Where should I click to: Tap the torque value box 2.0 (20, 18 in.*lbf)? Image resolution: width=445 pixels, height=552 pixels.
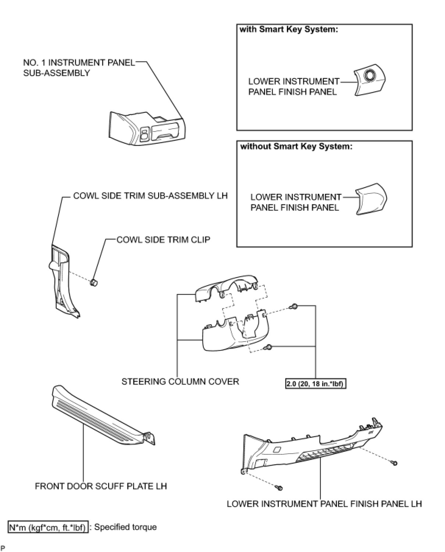pyautogui.click(x=316, y=384)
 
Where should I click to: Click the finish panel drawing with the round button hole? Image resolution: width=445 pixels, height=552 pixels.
pyautogui.click(x=370, y=81)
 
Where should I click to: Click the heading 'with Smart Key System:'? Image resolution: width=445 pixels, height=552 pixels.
pyautogui.click(x=289, y=30)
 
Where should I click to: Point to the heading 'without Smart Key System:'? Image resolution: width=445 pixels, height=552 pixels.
pyautogui.click(x=296, y=146)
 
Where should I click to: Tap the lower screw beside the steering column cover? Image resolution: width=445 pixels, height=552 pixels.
pyautogui.click(x=269, y=347)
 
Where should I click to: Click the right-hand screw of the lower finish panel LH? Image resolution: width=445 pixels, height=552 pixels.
pyautogui.click(x=394, y=463)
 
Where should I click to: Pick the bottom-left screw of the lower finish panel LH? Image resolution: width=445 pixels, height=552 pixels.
pyautogui.click(x=279, y=488)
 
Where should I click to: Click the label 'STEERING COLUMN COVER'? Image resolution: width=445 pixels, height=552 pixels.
pyautogui.click(x=180, y=381)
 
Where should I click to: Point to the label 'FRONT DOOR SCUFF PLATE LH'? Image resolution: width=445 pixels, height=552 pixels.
pyautogui.click(x=101, y=486)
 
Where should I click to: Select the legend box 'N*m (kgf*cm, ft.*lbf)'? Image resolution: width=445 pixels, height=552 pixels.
pyautogui.click(x=48, y=527)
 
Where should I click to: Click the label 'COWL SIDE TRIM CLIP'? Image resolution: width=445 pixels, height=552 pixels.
pyautogui.click(x=163, y=240)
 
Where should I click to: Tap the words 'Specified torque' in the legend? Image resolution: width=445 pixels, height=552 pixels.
pyautogui.click(x=125, y=527)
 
